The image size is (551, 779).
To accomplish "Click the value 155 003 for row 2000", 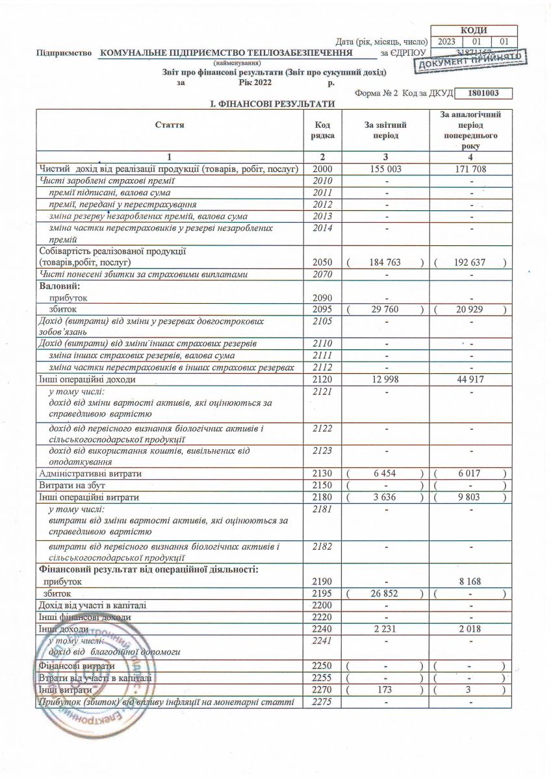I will (385, 169).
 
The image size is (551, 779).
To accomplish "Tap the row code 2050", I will (322, 262).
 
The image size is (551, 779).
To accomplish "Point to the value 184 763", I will (385, 262).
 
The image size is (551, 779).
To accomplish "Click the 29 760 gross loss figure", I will (385, 309).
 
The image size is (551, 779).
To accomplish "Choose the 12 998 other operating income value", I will (385, 379).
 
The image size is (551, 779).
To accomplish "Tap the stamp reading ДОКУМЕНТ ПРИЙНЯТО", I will (472, 59).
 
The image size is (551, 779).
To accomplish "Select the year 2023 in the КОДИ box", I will (447, 42).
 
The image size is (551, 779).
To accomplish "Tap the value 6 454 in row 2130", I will (385, 474).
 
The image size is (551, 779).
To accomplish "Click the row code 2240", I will (322, 628).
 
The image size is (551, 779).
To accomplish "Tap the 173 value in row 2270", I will (385, 689).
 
